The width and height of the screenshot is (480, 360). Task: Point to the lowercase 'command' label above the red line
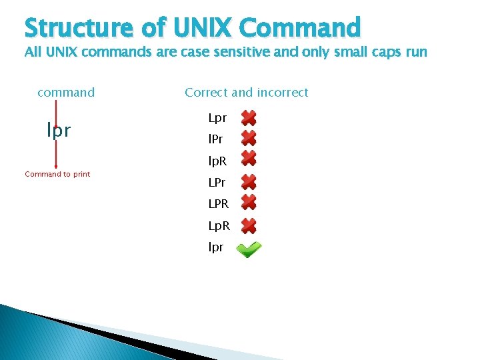click(x=66, y=93)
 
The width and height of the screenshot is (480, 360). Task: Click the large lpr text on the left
click(x=59, y=131)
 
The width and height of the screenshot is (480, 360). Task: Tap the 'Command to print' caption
click(x=57, y=174)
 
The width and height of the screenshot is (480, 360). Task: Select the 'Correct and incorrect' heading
click(x=247, y=93)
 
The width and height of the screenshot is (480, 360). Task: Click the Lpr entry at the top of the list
click(x=217, y=118)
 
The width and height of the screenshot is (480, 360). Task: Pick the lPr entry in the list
click(x=217, y=140)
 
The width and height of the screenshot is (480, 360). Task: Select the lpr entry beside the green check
click(x=216, y=247)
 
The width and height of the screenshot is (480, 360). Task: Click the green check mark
click(x=249, y=249)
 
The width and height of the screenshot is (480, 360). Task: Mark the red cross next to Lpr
click(x=249, y=119)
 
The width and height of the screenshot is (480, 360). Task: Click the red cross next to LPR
click(x=249, y=202)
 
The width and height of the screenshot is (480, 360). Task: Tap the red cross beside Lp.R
click(x=248, y=225)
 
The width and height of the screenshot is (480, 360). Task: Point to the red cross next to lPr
click(x=249, y=138)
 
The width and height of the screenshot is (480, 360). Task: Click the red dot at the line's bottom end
click(x=56, y=167)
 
